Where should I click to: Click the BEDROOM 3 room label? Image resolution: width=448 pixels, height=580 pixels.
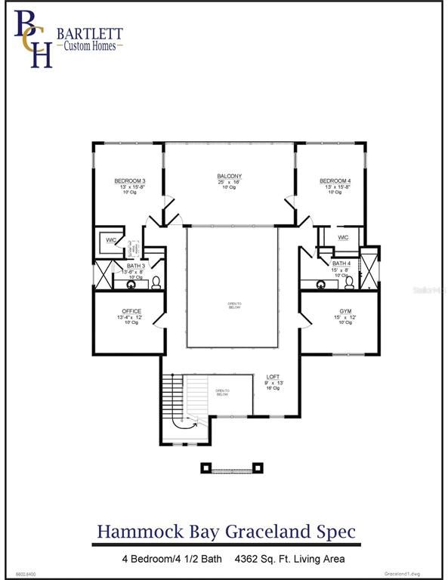click(129, 181)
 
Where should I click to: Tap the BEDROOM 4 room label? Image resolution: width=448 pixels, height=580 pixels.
click(335, 181)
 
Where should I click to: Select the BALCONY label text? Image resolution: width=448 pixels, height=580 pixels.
click(230, 177)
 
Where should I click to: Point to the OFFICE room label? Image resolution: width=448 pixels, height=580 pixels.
click(131, 311)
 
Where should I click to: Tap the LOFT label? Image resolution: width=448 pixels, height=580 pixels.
click(273, 376)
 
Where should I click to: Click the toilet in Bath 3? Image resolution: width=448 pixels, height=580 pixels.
click(156, 282)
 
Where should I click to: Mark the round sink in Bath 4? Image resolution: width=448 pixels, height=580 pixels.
click(321, 285)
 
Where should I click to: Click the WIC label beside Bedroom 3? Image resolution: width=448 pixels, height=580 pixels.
click(111, 240)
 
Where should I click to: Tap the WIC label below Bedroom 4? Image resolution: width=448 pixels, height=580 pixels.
click(343, 237)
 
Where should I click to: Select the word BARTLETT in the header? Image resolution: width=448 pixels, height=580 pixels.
click(89, 33)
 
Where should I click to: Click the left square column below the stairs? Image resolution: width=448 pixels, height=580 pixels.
click(205, 468)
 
